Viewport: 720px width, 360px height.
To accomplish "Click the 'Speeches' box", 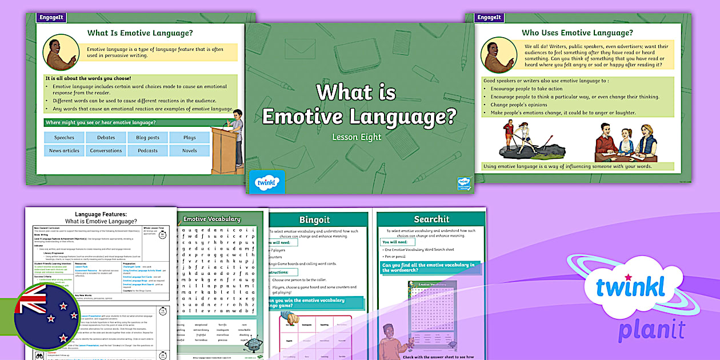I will [64, 138].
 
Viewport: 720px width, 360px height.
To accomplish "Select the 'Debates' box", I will [106, 138].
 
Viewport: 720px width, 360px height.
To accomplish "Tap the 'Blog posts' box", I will [148, 138].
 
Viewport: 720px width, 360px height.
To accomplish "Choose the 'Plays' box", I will [190, 138].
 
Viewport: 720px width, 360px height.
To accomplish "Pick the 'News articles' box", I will [64, 151].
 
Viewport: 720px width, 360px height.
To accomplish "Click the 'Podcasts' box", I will [148, 151].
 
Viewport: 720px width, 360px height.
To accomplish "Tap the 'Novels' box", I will [190, 151].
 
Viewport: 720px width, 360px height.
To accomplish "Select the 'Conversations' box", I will [106, 151].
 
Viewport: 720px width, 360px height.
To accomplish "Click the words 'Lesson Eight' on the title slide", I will [357, 137].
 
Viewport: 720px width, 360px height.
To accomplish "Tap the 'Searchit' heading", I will [431, 219].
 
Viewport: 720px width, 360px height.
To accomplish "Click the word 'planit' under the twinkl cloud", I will [651, 330].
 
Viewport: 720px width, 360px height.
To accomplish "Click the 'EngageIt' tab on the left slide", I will [52, 18].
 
